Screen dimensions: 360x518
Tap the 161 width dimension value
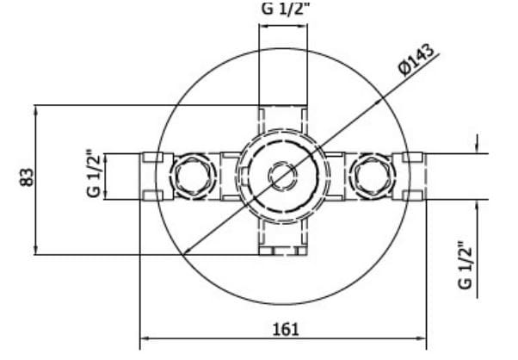pyautogui.click(x=284, y=329)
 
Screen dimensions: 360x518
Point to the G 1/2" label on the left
pyautogui.click(x=94, y=176)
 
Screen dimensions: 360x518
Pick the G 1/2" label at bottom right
pyautogui.click(x=466, y=265)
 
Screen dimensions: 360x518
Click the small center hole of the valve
pyautogui.click(x=282, y=177)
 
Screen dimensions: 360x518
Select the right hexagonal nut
pyautogui.click(x=375, y=176)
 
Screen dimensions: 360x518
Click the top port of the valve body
pyautogui.click(x=282, y=117)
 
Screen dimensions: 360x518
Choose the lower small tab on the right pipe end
pyautogui.click(x=413, y=195)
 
